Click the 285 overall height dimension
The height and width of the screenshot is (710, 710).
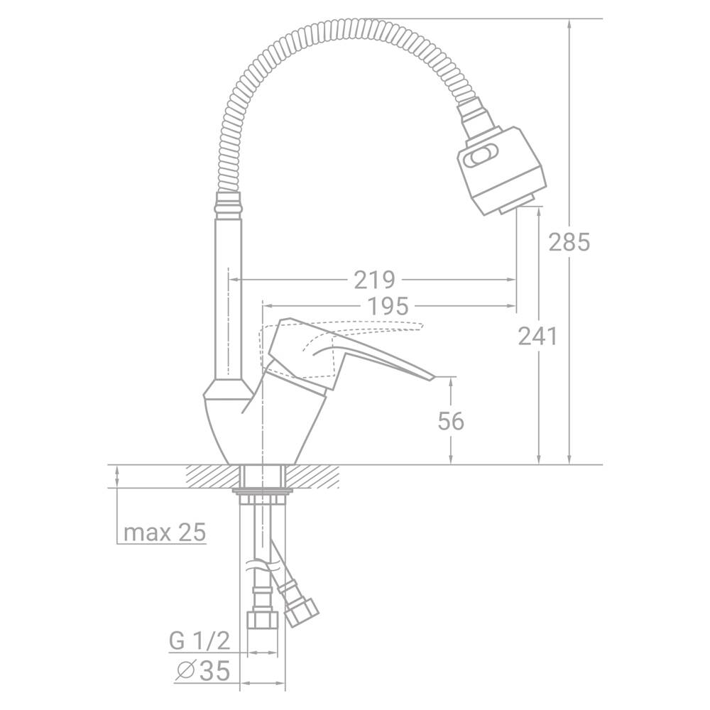tap(569, 242)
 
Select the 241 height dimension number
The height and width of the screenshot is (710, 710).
tap(538, 337)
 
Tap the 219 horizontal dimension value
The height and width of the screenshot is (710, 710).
tap(374, 280)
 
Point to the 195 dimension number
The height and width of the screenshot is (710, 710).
tap(388, 307)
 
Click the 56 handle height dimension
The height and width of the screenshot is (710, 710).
tap(451, 422)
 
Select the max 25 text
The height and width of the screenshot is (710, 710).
tap(165, 532)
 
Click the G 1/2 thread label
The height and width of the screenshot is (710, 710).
tap(200, 641)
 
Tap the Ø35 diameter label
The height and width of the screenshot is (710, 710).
tap(203, 671)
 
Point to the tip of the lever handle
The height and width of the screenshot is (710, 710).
tap(433, 377)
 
